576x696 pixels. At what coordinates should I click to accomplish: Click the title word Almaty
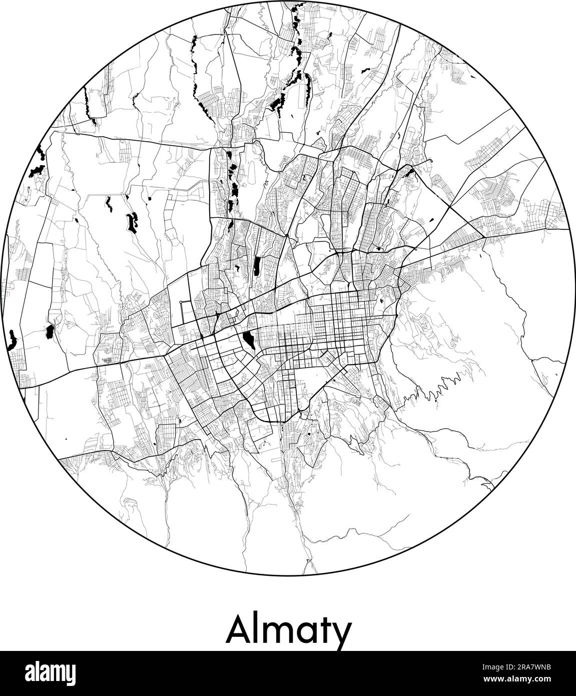288,630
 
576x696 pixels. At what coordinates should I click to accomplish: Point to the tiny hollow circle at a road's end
181,303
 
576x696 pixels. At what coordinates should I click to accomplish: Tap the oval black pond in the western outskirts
49,331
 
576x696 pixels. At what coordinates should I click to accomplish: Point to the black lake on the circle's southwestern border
12,340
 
